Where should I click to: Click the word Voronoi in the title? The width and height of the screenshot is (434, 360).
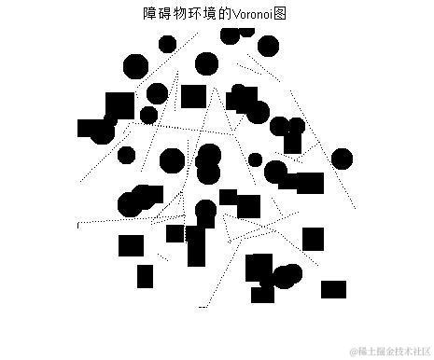254,14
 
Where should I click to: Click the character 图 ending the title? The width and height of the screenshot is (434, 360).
280,14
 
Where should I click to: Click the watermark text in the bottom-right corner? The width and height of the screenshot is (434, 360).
390,352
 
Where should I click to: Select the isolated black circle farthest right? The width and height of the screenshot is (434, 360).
343,159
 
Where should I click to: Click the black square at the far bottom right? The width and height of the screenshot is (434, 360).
333,289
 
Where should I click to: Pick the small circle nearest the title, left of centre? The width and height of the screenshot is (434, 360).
167,44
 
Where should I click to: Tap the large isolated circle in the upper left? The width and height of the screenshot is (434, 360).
135,66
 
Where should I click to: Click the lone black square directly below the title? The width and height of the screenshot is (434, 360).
193,95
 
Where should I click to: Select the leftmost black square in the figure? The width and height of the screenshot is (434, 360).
86,128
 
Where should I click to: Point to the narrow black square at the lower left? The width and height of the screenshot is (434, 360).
145,276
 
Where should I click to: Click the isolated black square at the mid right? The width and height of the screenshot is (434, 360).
313,239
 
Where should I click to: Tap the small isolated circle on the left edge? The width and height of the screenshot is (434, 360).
127,155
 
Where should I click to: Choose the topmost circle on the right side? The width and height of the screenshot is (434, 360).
268,46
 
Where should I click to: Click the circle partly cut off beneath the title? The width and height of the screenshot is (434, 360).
231,36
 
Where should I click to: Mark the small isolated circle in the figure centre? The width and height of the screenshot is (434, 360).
255,159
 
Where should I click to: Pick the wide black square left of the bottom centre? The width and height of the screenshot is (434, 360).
132,246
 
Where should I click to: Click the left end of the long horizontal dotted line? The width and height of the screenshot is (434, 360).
78,224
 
